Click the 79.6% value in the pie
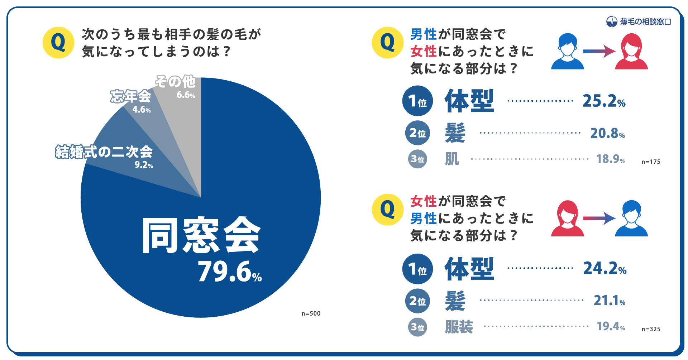point(230,272)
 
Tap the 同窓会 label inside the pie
point(201,236)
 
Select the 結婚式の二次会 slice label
point(104,152)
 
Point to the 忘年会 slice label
point(130,96)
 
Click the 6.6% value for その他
point(186,95)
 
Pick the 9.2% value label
point(144,165)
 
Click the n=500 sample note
point(311,313)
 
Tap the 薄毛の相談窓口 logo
point(639,22)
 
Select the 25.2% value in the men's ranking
point(604,101)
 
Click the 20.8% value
point(607,133)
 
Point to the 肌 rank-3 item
point(452,159)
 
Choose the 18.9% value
point(610,159)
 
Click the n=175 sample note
point(651,162)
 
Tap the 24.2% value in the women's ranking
point(605,268)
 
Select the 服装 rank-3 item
point(459,327)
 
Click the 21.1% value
point(609,301)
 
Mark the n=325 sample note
point(651,329)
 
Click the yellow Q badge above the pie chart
point(58,43)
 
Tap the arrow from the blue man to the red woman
point(599,51)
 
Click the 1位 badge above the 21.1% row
point(417,269)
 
